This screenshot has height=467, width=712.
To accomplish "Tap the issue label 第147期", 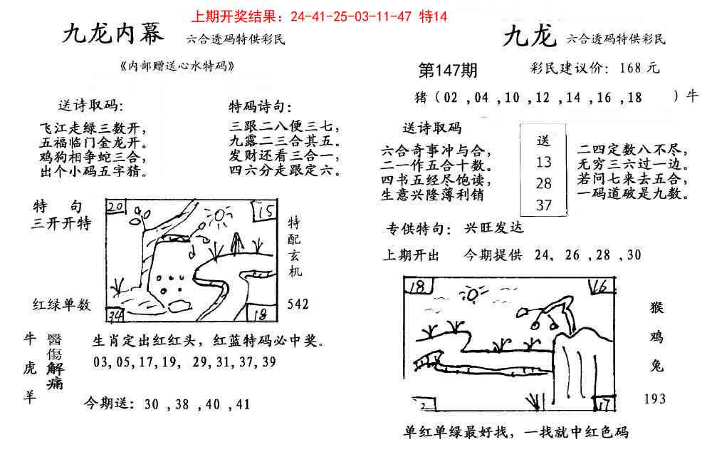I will click(x=448, y=70).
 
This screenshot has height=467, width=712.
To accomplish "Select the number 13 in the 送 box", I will click(x=543, y=163).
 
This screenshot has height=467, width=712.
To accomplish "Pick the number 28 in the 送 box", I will click(x=543, y=184).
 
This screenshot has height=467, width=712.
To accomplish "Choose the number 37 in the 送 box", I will click(x=543, y=205).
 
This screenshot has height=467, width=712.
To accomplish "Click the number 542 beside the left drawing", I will click(x=298, y=304).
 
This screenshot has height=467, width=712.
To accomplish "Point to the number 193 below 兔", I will click(x=654, y=399).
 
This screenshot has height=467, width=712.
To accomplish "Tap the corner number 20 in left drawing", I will click(x=115, y=207).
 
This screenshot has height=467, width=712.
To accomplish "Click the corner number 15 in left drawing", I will click(x=267, y=212).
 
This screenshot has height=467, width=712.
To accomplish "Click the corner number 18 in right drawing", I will click(x=418, y=286).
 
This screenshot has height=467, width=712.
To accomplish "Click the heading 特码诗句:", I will click(x=260, y=107).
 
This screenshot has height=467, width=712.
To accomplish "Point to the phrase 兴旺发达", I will click(x=493, y=229).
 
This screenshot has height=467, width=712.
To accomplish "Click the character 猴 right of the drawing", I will click(x=656, y=308).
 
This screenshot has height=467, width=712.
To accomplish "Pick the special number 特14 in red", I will click(x=434, y=16).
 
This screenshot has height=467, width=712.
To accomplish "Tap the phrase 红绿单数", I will click(x=61, y=305).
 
